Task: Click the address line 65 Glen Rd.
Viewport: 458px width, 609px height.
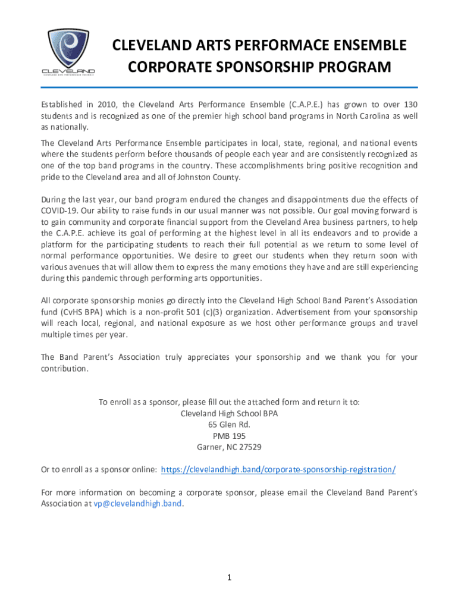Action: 229,424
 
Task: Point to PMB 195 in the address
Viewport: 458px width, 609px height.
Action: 229,435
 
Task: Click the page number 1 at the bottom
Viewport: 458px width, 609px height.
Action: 229,577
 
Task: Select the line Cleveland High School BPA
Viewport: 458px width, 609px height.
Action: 229,413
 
